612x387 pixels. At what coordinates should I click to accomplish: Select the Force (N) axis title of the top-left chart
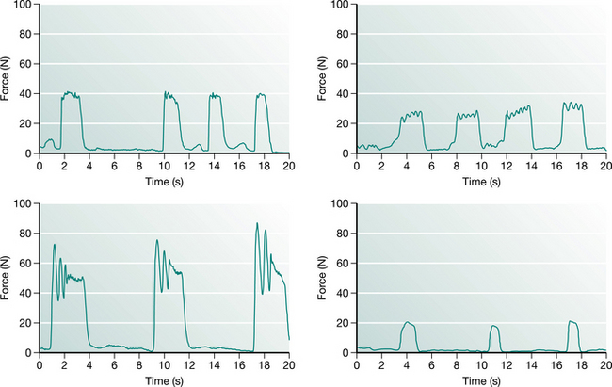pos(8,79)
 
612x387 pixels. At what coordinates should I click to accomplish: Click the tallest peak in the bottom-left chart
pos(257,224)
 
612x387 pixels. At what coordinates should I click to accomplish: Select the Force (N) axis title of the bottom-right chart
pos(326,278)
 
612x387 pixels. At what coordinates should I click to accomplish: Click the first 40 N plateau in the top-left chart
pos(70,94)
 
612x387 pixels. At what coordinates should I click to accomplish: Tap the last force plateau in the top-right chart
pos(572,105)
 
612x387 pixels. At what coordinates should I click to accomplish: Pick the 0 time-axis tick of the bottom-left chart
pos(40,364)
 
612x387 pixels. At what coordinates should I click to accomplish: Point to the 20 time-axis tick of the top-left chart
pos(288,166)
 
